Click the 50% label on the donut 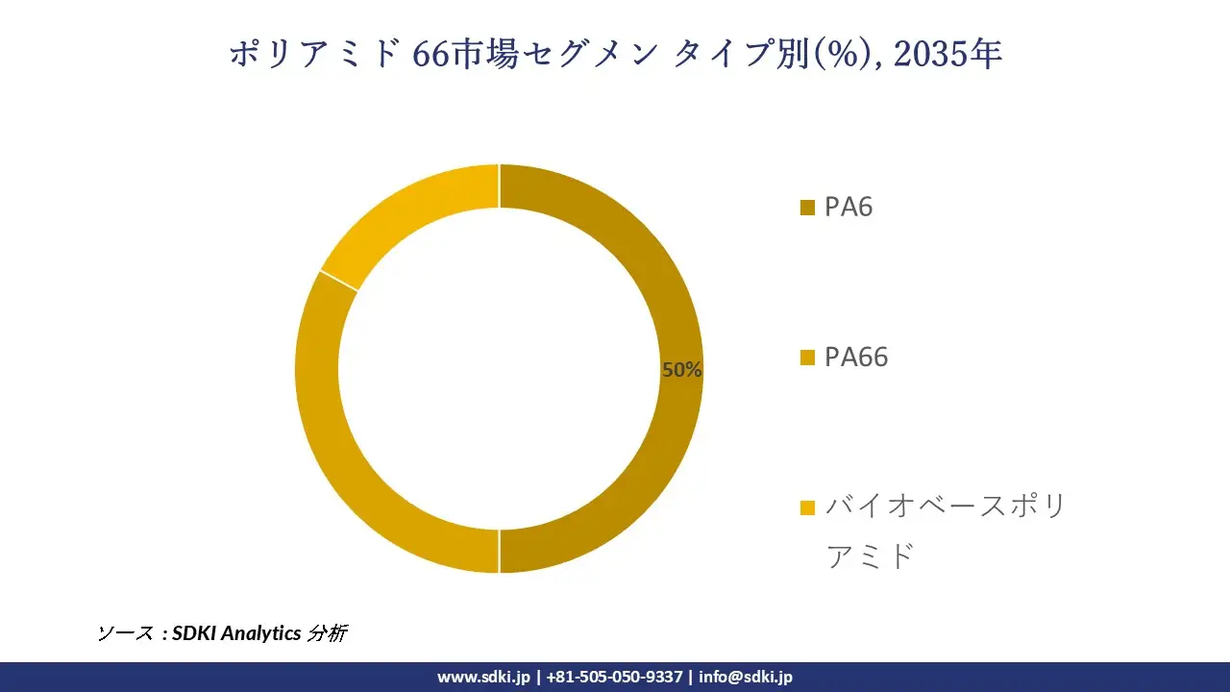point(681,370)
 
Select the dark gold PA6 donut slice point(663,288)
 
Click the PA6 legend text point(849,208)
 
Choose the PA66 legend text point(856,358)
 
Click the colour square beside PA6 point(807,208)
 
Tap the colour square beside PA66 point(807,358)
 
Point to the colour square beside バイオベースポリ point(807,507)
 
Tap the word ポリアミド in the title point(313,56)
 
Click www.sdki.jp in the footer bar point(483,677)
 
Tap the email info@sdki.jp point(746,677)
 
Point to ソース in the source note point(125,633)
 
